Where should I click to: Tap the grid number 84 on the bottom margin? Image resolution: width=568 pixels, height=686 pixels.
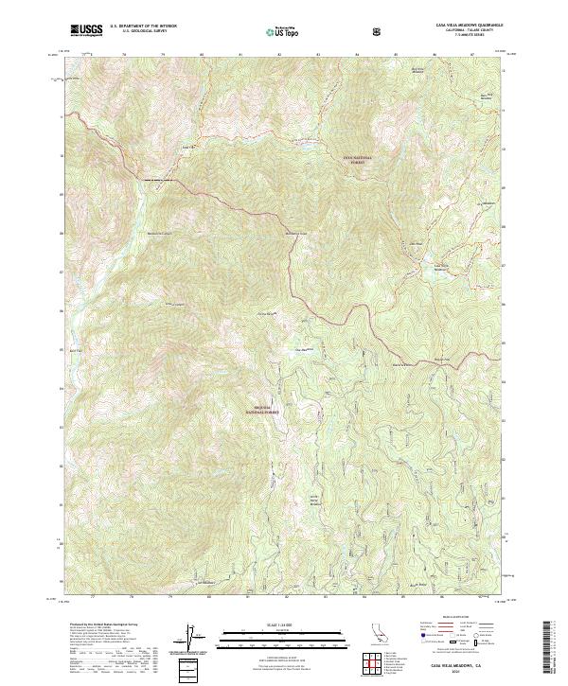coord(364,597)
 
